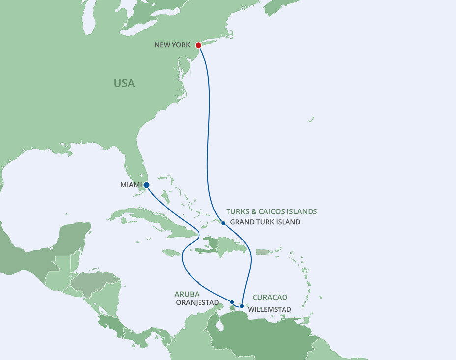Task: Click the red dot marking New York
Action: click(199, 45)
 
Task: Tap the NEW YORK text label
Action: click(172, 45)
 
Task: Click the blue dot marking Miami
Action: click(146, 185)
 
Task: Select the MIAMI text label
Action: click(131, 185)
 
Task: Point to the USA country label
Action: click(124, 83)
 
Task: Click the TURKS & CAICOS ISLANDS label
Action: click(271, 211)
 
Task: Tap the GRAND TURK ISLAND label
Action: click(265, 222)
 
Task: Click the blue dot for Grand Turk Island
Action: click(223, 223)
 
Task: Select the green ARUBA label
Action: click(187, 294)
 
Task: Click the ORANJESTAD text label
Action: click(197, 303)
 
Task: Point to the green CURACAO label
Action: click(270, 298)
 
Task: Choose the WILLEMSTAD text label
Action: click(270, 310)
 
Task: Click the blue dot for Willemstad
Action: click(242, 306)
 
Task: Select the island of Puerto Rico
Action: click(263, 252)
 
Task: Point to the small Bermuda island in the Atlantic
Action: click(311, 119)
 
